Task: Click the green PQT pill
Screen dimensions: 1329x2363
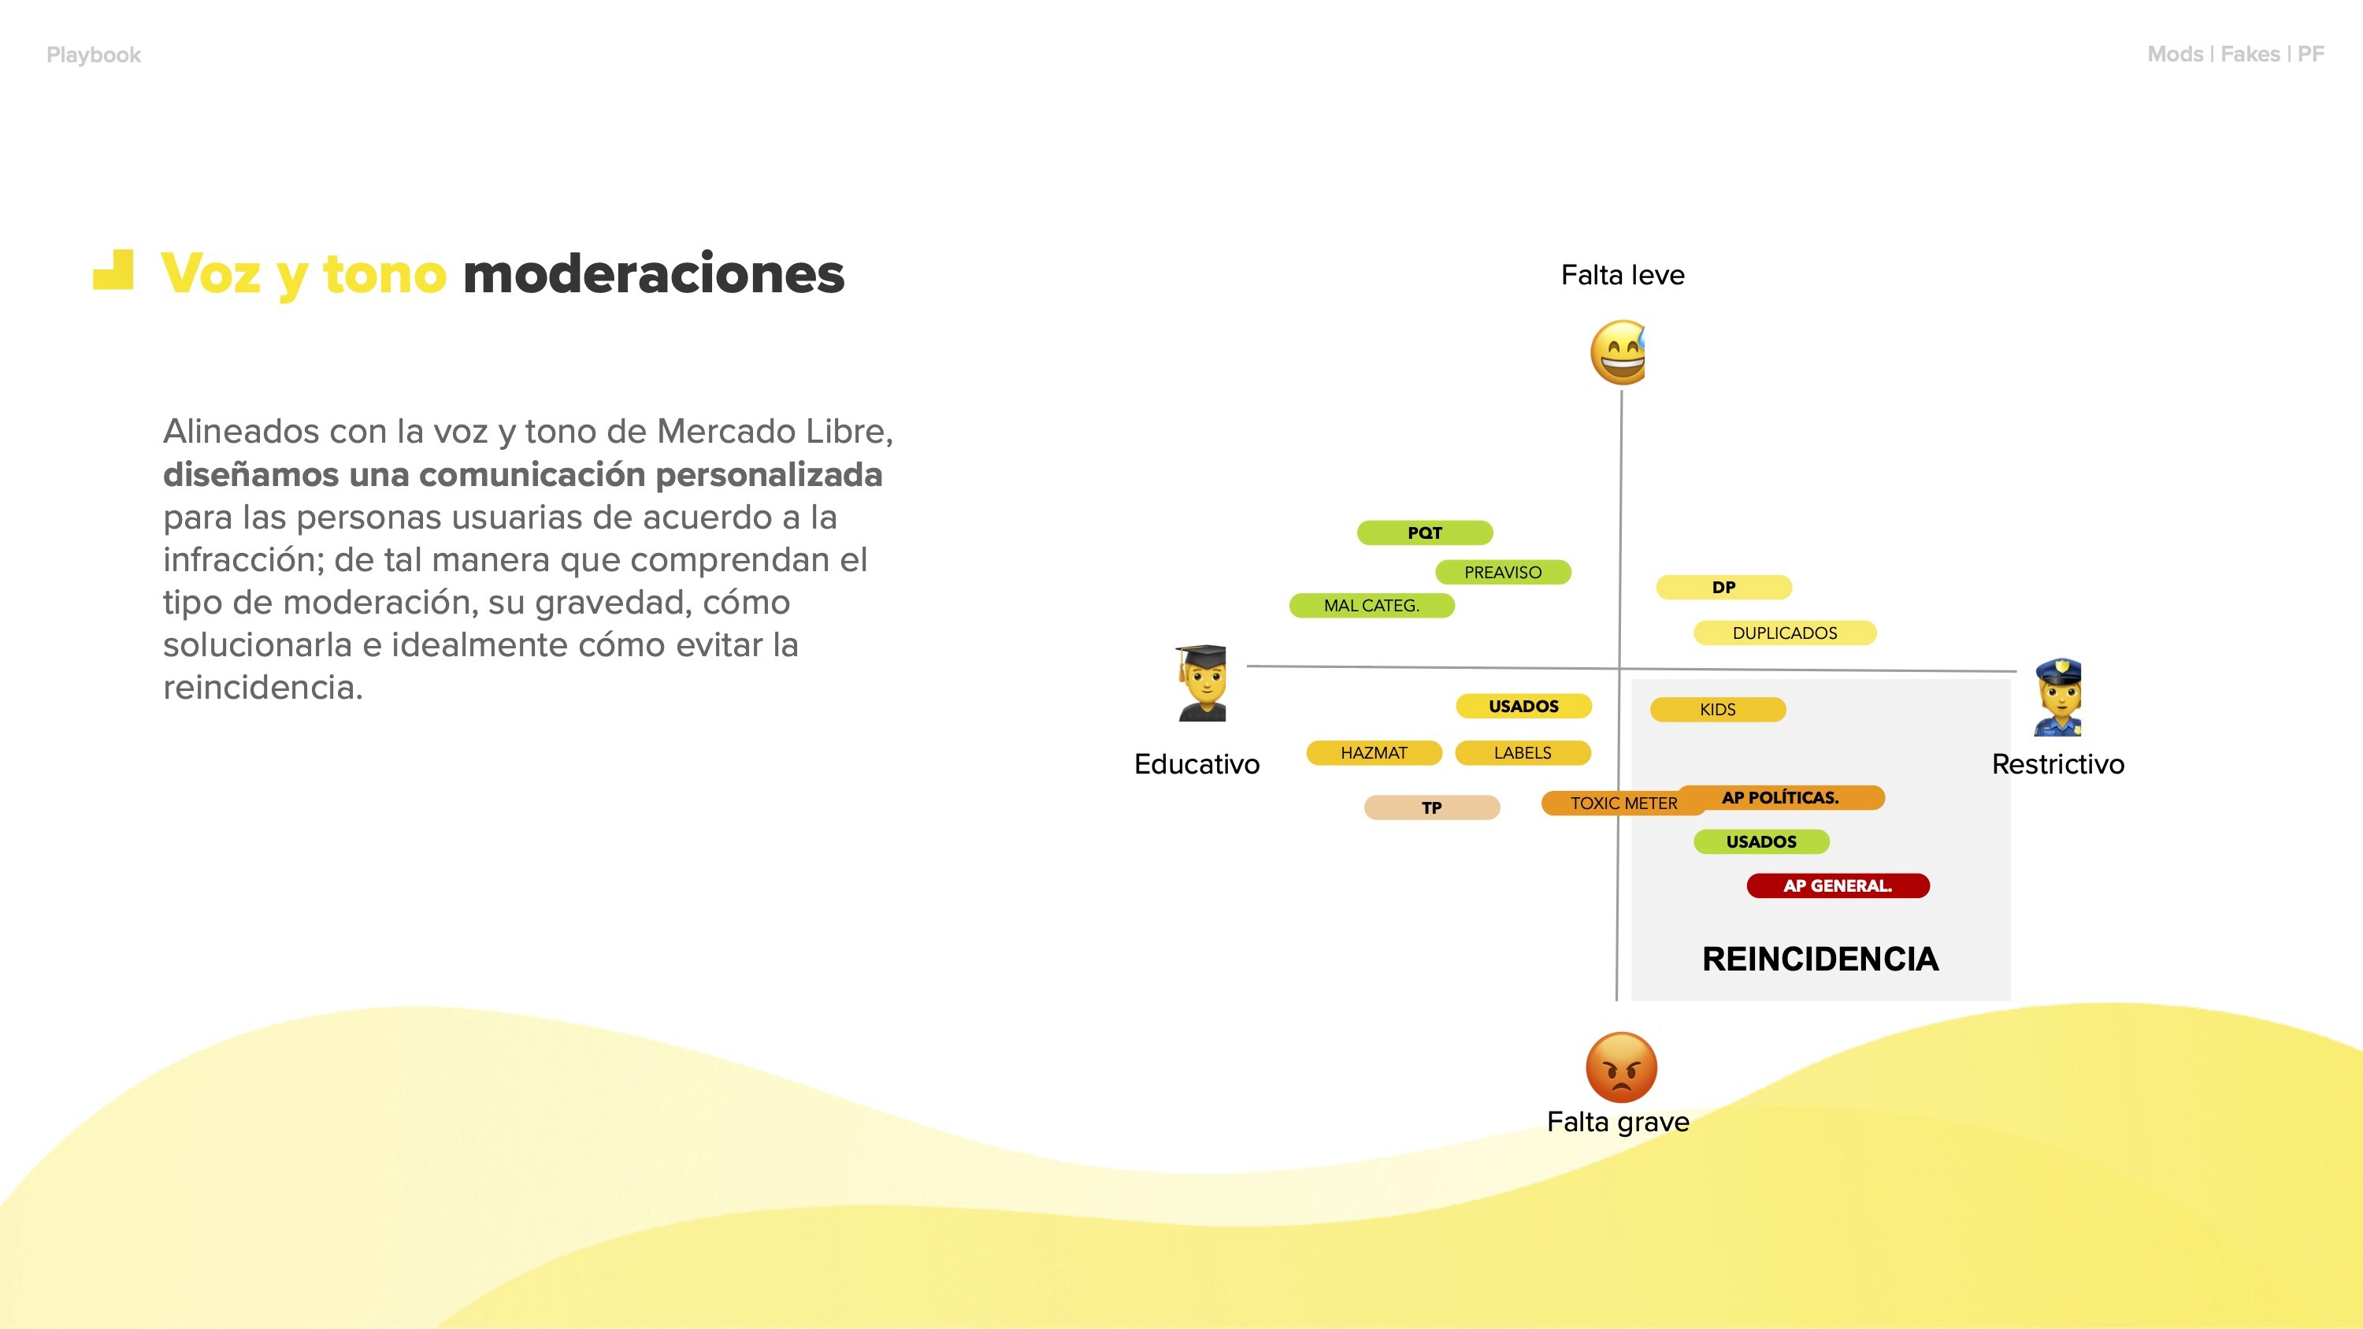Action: point(1425,533)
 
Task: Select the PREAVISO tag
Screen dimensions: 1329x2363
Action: point(1503,572)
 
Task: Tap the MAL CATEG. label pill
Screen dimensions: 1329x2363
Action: point(1371,605)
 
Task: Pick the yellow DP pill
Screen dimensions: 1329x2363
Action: point(1723,587)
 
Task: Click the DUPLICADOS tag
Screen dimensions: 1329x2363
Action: point(1784,633)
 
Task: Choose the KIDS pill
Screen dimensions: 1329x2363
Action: point(1717,709)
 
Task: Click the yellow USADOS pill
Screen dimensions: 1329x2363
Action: point(1523,706)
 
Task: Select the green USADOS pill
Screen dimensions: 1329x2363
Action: point(1761,842)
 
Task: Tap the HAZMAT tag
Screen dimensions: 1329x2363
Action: point(1373,753)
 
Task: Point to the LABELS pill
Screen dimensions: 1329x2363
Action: point(1523,753)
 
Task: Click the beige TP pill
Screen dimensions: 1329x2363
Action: point(1431,808)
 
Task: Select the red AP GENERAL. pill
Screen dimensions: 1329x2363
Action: point(1838,886)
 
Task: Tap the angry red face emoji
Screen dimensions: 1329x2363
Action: point(1621,1067)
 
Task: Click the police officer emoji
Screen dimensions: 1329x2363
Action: point(2057,697)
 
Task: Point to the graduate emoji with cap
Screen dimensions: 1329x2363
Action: point(1202,683)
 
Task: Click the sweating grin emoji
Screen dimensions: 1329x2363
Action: point(1618,353)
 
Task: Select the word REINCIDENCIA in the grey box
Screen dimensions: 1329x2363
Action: point(1820,960)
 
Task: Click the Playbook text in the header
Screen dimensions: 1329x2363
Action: point(94,55)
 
